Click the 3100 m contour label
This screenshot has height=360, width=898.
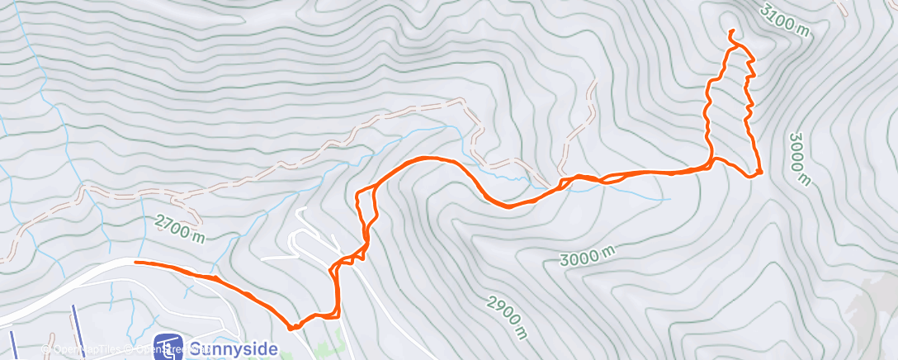point(785,21)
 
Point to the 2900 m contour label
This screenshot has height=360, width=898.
point(507,317)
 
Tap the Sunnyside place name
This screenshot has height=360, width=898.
point(234,348)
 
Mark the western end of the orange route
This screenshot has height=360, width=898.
point(135,263)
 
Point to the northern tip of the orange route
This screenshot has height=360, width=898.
point(731,31)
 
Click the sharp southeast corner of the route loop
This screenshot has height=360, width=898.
point(759,173)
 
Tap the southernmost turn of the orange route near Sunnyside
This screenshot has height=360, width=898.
point(292,328)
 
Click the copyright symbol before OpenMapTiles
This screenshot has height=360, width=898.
point(50,350)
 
